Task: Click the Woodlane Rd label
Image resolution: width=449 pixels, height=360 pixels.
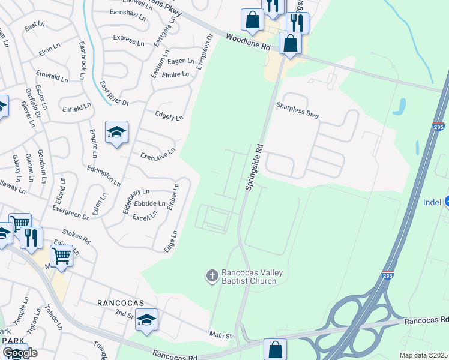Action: click(x=245, y=42)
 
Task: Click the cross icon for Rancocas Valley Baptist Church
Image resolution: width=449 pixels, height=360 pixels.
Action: click(x=212, y=275)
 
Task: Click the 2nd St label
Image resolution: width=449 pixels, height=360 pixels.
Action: click(x=124, y=314)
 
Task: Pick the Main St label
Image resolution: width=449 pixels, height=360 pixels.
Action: click(x=220, y=337)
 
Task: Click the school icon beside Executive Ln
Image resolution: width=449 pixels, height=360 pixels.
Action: click(x=116, y=133)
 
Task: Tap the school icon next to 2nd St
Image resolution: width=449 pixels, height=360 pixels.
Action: click(x=146, y=321)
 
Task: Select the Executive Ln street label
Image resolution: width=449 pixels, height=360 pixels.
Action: click(x=158, y=154)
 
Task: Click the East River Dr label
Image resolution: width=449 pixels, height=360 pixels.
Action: click(x=114, y=94)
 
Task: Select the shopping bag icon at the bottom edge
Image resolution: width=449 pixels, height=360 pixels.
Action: click(x=275, y=349)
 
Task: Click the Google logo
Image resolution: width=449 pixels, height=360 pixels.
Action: click(x=20, y=353)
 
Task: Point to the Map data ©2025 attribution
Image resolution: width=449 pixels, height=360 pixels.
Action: click(x=424, y=355)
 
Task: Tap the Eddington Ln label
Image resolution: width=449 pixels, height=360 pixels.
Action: click(x=104, y=176)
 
